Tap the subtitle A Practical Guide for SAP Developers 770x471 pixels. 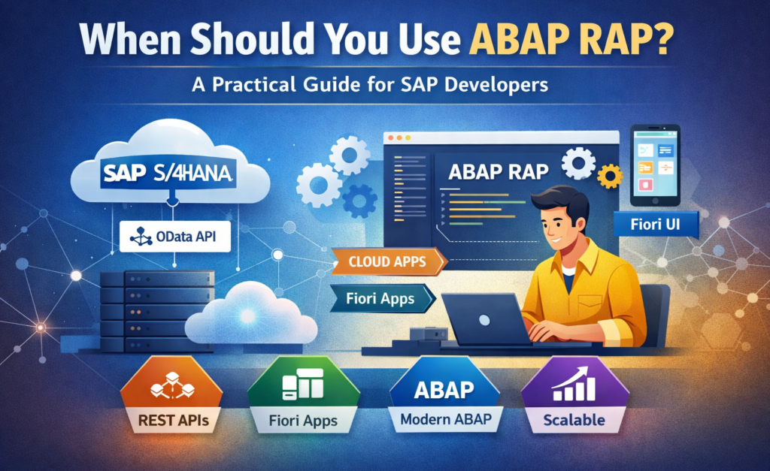point(370,85)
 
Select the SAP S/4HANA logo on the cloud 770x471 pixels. point(168,174)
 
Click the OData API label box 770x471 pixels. point(174,237)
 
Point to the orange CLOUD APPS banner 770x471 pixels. point(388,261)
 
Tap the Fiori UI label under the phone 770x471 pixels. point(656,225)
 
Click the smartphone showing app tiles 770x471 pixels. point(655,165)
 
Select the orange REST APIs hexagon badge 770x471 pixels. point(172,395)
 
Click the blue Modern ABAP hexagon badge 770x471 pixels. point(445,395)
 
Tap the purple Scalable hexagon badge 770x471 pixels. point(574,395)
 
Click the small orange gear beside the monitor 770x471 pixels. point(610,177)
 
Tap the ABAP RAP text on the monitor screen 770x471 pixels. point(499,172)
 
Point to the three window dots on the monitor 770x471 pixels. point(399,138)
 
